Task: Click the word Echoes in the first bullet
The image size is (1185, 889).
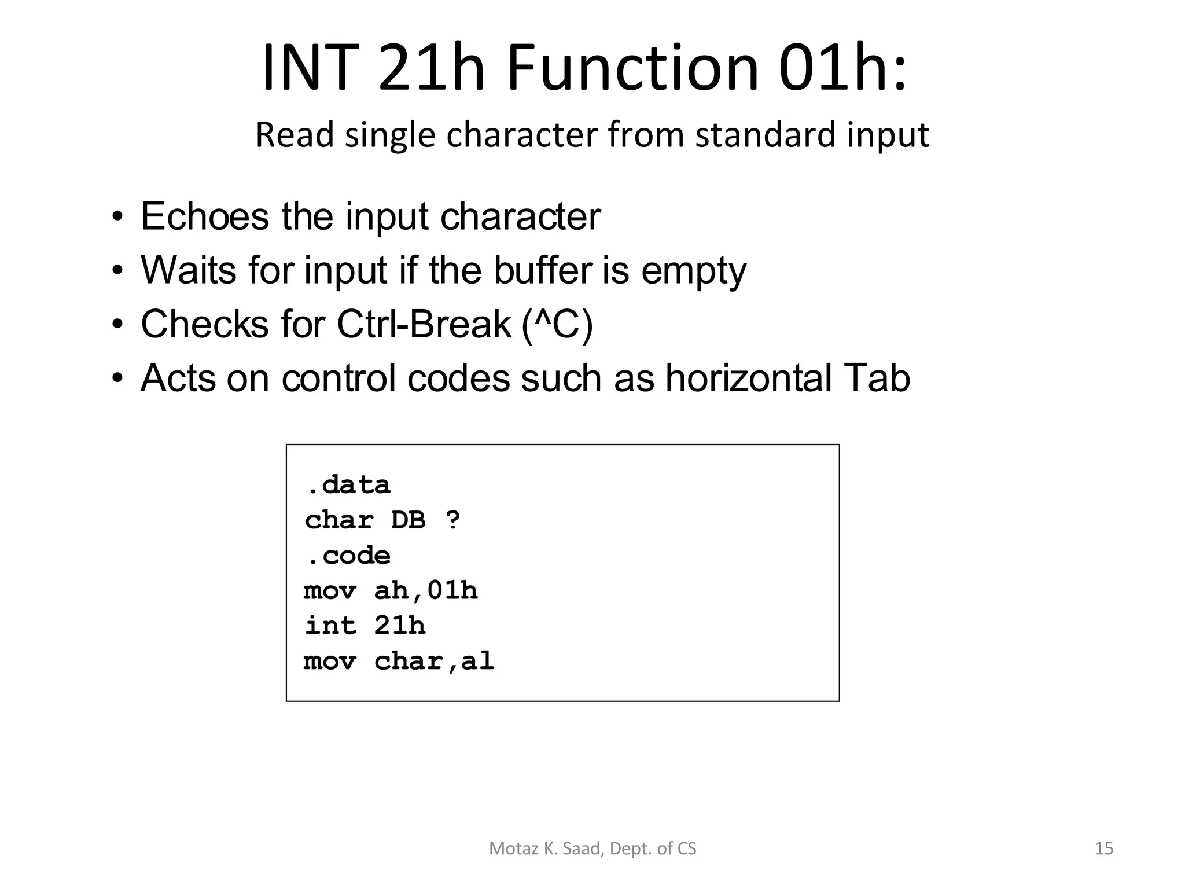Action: tap(205, 216)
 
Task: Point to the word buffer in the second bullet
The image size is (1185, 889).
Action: tap(543, 270)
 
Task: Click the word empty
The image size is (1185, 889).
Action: tap(693, 271)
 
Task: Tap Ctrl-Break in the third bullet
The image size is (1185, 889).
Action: tap(424, 324)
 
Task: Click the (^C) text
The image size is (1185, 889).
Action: tap(557, 324)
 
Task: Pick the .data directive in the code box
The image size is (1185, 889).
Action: tap(348, 485)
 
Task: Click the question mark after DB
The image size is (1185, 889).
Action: tap(453, 520)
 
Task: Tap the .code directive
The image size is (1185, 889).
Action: tap(348, 556)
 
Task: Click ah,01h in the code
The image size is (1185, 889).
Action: tap(426, 591)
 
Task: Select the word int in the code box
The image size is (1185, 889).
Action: tap(330, 626)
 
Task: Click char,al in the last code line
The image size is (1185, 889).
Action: tap(434, 661)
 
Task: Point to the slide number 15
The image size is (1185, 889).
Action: tap(1104, 848)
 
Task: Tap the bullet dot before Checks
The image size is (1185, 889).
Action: tap(118, 324)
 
